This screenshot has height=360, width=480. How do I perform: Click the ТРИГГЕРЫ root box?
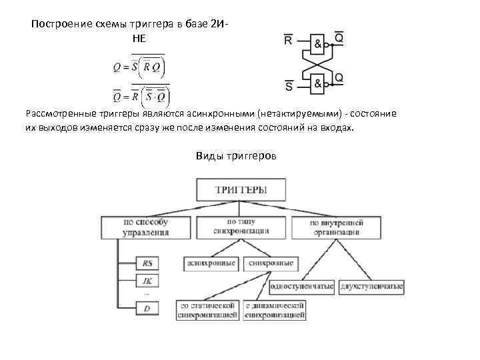point(241,189)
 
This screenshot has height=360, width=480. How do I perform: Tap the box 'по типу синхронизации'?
point(247,227)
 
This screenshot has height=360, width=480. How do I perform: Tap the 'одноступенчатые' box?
point(302,287)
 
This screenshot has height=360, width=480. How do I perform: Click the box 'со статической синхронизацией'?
point(207,310)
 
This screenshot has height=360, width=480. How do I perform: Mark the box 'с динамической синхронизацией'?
point(275,310)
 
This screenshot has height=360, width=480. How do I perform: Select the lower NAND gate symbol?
point(318,83)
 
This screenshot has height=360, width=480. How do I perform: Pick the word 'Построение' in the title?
point(59,25)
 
